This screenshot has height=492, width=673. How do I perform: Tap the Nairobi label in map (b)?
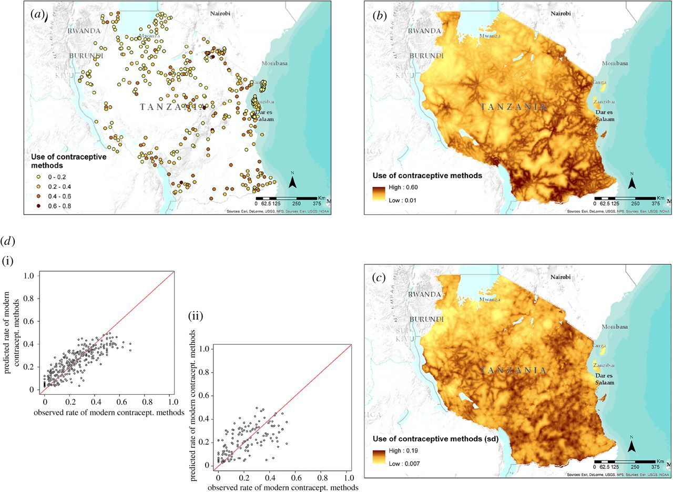pos(560,13)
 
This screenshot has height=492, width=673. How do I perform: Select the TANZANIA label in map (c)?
pos(514,371)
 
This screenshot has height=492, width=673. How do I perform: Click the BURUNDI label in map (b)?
pos(424,55)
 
